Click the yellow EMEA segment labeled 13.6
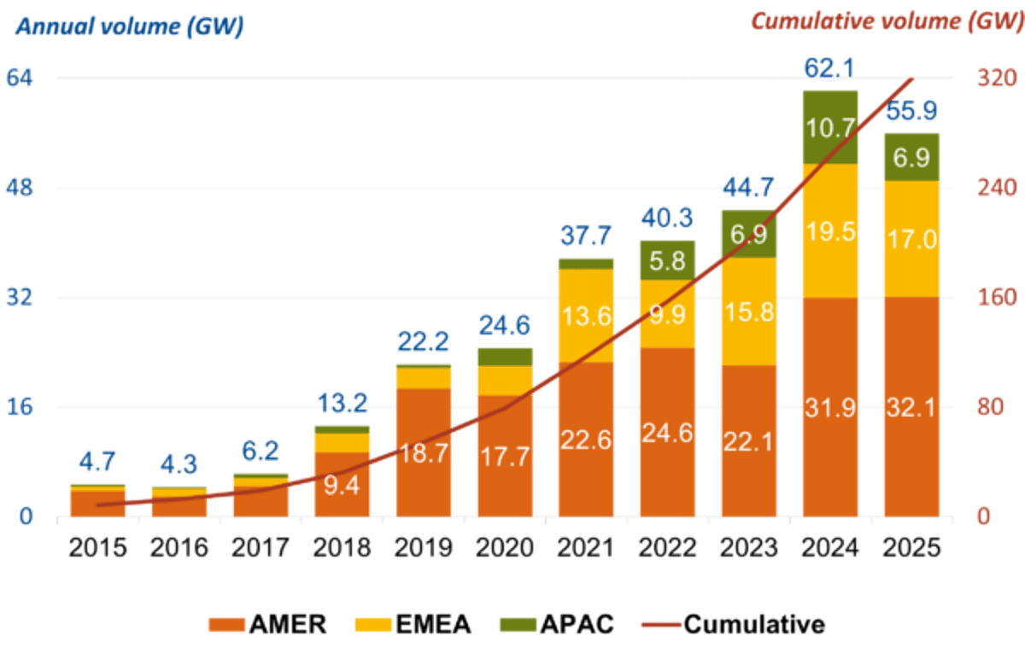(586, 317)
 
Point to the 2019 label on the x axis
(424, 546)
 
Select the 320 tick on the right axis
(997, 79)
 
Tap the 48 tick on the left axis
(20, 189)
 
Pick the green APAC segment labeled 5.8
(667, 260)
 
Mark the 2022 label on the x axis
(667, 546)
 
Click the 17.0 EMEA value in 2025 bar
(911, 238)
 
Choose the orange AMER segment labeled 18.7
(424, 452)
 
